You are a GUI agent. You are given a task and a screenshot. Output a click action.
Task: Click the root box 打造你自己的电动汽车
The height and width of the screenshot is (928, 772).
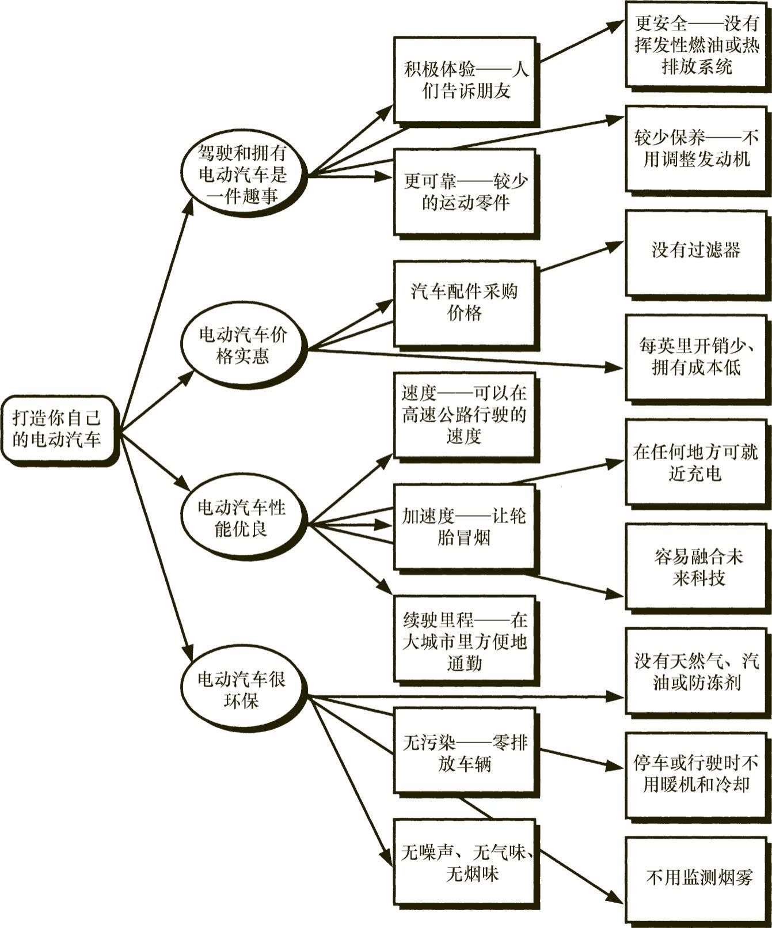click(x=58, y=429)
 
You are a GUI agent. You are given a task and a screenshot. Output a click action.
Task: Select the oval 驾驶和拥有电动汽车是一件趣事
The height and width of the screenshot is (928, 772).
click(x=242, y=175)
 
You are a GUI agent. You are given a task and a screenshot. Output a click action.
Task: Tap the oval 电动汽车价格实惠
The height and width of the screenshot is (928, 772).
click(x=242, y=345)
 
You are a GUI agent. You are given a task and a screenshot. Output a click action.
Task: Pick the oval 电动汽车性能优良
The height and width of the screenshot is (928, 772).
click(x=242, y=518)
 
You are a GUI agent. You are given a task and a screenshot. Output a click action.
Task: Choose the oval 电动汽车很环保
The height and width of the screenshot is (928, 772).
click(x=242, y=690)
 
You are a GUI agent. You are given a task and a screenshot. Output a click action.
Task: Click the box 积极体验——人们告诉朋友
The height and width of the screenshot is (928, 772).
click(x=465, y=80)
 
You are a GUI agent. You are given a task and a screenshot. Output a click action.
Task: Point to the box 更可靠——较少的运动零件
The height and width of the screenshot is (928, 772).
click(x=465, y=192)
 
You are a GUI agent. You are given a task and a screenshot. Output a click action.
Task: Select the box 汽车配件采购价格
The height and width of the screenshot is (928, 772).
click(x=465, y=302)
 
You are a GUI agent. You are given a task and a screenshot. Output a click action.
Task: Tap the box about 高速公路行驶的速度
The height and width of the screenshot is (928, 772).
click(x=465, y=415)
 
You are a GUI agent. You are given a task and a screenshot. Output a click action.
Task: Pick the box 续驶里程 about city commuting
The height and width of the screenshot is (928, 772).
click(x=465, y=641)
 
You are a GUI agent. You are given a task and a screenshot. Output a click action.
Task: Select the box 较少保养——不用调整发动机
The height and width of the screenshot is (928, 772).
click(x=697, y=148)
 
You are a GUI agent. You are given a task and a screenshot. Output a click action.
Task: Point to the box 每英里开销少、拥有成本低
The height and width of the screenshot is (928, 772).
click(x=697, y=357)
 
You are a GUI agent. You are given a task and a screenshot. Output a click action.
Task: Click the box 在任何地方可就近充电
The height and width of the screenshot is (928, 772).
click(x=697, y=462)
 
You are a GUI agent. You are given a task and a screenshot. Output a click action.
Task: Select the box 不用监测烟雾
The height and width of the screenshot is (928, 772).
click(x=697, y=878)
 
